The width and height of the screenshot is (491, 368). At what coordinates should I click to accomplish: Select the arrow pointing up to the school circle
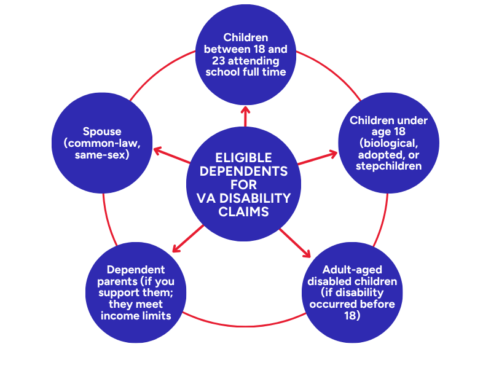(x=245, y=115)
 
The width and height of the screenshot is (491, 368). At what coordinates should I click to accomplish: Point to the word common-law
(x=100, y=143)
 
